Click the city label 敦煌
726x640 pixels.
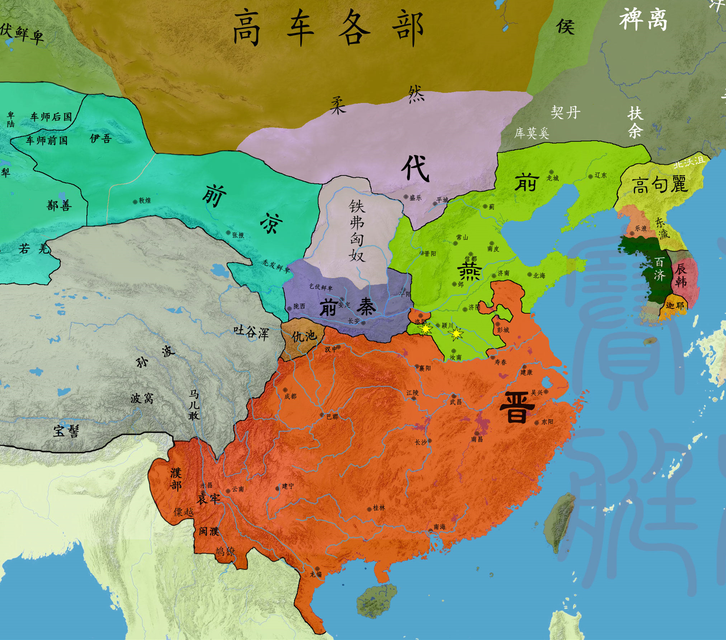145,200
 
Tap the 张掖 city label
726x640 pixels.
238,235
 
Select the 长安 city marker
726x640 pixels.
363,323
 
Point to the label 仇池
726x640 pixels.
304,336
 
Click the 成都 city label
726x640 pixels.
290,396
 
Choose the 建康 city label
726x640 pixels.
526,372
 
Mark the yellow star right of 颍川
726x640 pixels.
456,334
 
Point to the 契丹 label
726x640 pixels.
565,112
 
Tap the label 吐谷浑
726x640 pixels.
251,332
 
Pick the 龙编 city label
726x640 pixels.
316,574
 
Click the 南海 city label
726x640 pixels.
439,527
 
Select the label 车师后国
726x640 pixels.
51,117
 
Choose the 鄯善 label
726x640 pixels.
59,205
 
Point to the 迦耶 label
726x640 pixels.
674,305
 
